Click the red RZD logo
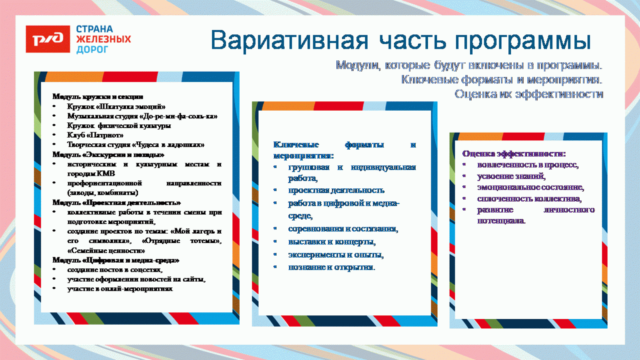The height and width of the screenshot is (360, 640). click(x=48, y=39)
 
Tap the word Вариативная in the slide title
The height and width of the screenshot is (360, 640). click(x=290, y=41)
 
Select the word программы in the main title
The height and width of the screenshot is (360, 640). click(x=522, y=41)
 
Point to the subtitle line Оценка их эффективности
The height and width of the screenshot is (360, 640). click(x=529, y=94)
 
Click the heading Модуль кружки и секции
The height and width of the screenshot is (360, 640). click(x=98, y=96)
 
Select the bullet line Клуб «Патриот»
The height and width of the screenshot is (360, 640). click(x=95, y=135)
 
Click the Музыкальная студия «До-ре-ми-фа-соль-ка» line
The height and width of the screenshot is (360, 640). click(x=142, y=116)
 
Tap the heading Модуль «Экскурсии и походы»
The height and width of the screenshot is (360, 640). click(x=109, y=155)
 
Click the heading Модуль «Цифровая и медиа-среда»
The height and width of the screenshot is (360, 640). click(x=116, y=260)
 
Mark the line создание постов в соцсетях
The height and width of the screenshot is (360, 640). click(x=115, y=270)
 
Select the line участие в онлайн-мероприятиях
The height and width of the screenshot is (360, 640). click(x=120, y=289)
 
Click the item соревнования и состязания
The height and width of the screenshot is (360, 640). click(x=343, y=229)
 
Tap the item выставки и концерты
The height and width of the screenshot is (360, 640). click(x=332, y=242)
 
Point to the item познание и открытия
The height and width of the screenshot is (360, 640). click(x=331, y=267)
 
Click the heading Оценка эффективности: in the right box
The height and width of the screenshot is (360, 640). click(x=514, y=154)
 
